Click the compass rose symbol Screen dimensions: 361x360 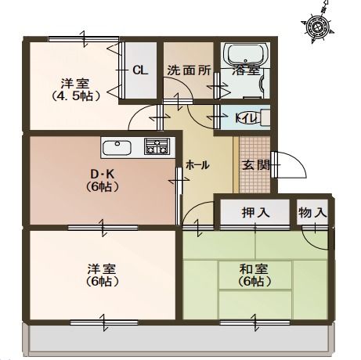coord(317,27)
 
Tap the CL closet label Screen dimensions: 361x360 coord(140,70)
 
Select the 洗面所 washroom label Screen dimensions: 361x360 coord(189,70)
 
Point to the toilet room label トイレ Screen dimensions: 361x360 coord(247,118)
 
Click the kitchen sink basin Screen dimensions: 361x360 coord(117,148)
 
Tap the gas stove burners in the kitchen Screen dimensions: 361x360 coord(157,146)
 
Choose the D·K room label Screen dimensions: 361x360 coord(102,174)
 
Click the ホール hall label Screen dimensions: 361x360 coord(197,165)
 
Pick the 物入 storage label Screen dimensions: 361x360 coord(312,212)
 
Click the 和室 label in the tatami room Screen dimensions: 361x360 coord(254,269)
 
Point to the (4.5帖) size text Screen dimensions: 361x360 coord(76,96)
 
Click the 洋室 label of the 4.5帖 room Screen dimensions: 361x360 coord(75,83)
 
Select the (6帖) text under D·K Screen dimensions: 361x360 coord(102,186)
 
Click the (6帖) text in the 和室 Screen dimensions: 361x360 coord(254,281)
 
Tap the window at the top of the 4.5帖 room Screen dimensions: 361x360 coord(84,39)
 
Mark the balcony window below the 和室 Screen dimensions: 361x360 coord(255,322)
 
